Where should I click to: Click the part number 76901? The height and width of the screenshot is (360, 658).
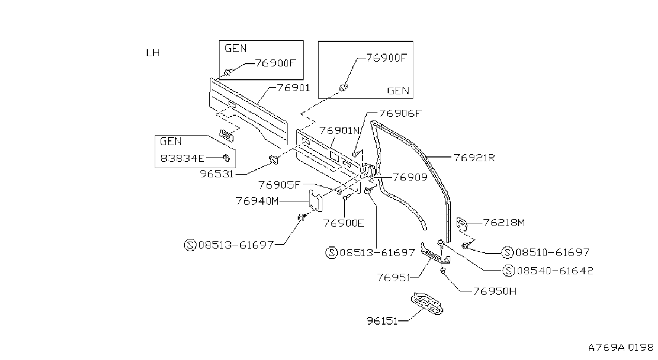pyautogui.click(x=293, y=88)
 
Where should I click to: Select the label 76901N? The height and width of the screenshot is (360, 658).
pyautogui.click(x=339, y=131)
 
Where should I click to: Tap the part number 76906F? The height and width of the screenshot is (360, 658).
pyautogui.click(x=400, y=114)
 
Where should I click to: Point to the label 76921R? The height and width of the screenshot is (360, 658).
pyautogui.click(x=474, y=158)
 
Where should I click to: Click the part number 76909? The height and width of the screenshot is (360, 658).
pyautogui.click(x=410, y=177)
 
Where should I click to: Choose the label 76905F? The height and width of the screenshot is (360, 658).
pyautogui.click(x=279, y=185)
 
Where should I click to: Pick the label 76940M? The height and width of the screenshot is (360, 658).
pyautogui.click(x=258, y=201)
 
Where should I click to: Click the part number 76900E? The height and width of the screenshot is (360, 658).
pyautogui.click(x=344, y=223)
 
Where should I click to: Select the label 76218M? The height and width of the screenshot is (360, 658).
pyautogui.click(x=504, y=223)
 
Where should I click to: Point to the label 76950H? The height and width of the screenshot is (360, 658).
pyautogui.click(x=495, y=291)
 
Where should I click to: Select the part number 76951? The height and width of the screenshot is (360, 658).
pyautogui.click(x=394, y=277)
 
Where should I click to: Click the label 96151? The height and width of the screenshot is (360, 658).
pyautogui.click(x=382, y=321)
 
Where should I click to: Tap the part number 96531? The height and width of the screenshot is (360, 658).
pyautogui.click(x=217, y=174)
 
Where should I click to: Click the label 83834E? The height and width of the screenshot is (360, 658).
pyautogui.click(x=182, y=159)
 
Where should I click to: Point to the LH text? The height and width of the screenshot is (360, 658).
pyautogui.click(x=153, y=53)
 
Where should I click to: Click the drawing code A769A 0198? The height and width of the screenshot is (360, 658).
pyautogui.click(x=621, y=348)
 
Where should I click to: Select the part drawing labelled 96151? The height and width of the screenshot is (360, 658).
pyautogui.click(x=427, y=304)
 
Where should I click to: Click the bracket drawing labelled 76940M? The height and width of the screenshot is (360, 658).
pyautogui.click(x=316, y=201)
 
